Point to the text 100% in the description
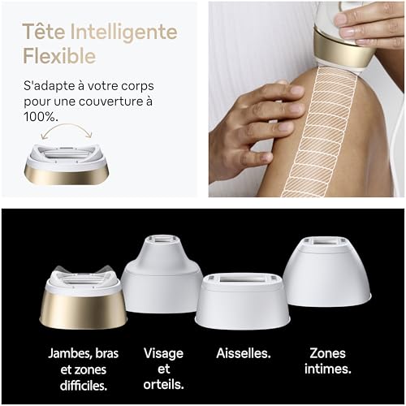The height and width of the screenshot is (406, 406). pos(41,115)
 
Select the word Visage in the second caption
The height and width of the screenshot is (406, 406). pos(163,353)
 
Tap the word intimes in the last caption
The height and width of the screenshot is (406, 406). pos(328,369)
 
